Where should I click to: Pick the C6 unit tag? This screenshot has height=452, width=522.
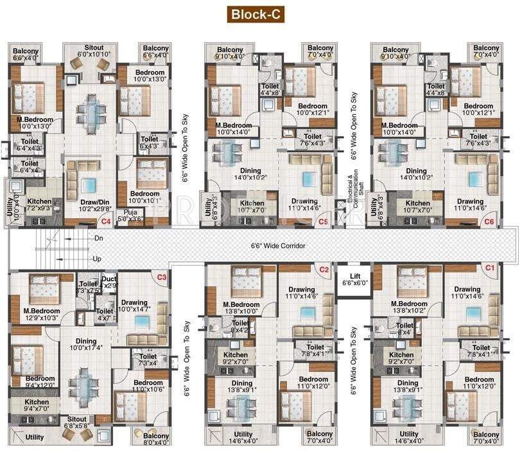tap(489, 222)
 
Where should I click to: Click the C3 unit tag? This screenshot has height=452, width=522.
tap(162, 277)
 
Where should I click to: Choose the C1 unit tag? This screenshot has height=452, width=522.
tap(489, 267)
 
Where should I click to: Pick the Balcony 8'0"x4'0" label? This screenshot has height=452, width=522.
tap(156, 440)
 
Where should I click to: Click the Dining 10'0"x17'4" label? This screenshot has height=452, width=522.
tap(86, 345)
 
